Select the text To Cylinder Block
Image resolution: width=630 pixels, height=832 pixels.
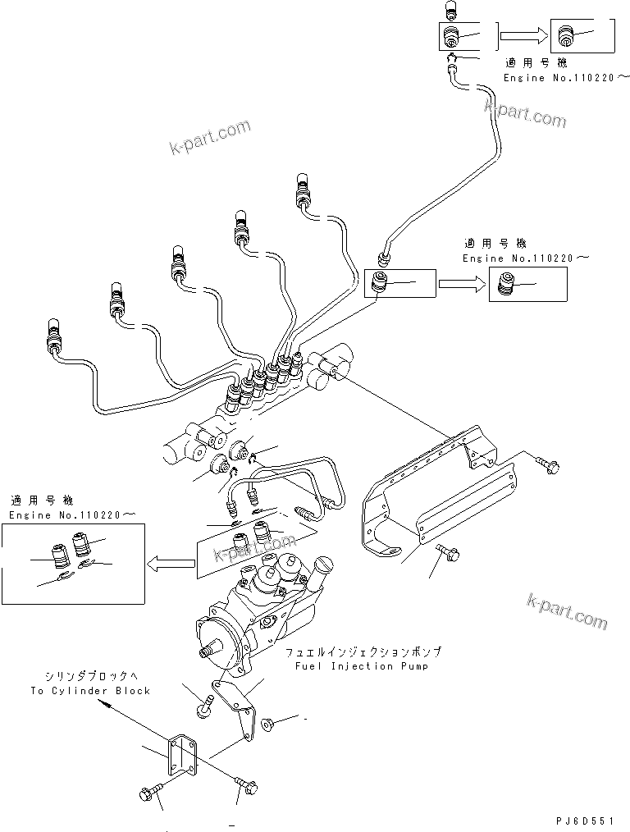coord(90,691)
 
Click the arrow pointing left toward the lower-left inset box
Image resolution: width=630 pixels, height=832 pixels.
coord(170,564)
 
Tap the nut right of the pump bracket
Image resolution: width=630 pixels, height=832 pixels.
coord(267,723)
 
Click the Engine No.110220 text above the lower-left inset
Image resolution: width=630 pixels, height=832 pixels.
coord(71,514)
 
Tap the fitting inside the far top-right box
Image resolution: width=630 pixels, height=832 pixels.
coord(564,35)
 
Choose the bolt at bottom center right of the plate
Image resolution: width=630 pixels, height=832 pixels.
coord(245,786)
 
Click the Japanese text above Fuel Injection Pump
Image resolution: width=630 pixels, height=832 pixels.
coord(364,651)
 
